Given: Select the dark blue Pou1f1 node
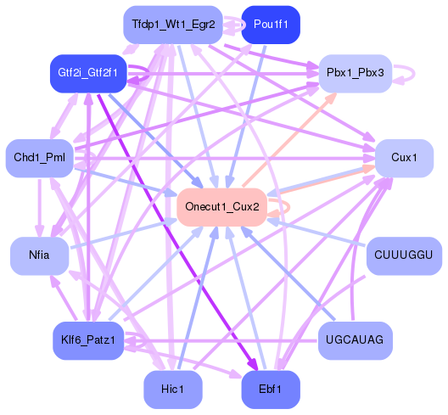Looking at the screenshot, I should click(x=270, y=25).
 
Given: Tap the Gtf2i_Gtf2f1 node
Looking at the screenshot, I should click(x=87, y=75).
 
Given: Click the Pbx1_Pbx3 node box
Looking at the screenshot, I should click(x=355, y=74).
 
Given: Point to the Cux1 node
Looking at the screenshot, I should click(x=404, y=159).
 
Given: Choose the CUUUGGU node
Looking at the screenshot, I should click(x=404, y=255).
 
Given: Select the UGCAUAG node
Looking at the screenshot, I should click(x=355, y=340).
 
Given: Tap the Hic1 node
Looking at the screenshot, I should click(x=173, y=389).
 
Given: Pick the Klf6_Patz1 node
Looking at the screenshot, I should click(x=87, y=340).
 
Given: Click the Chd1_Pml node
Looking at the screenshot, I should click(x=39, y=158).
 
